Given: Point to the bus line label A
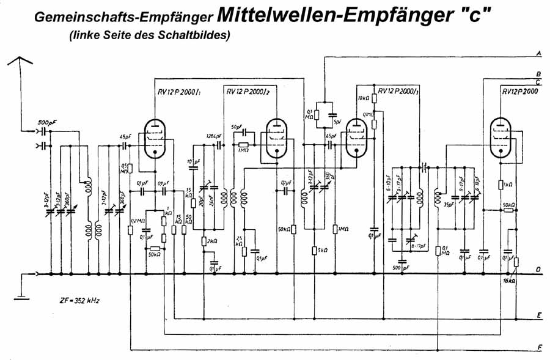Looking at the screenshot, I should tap(538, 54).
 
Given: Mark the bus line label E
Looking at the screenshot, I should tap(538, 316).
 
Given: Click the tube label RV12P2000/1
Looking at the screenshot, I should tap(174, 92).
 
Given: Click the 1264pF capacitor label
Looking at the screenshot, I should tap(214, 136).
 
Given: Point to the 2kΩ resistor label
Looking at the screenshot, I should tap(213, 241).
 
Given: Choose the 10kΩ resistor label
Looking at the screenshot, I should tap(362, 97).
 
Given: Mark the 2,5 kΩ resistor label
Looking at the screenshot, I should tap(238, 240).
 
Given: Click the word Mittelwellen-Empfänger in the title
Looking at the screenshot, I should tap(349, 15).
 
